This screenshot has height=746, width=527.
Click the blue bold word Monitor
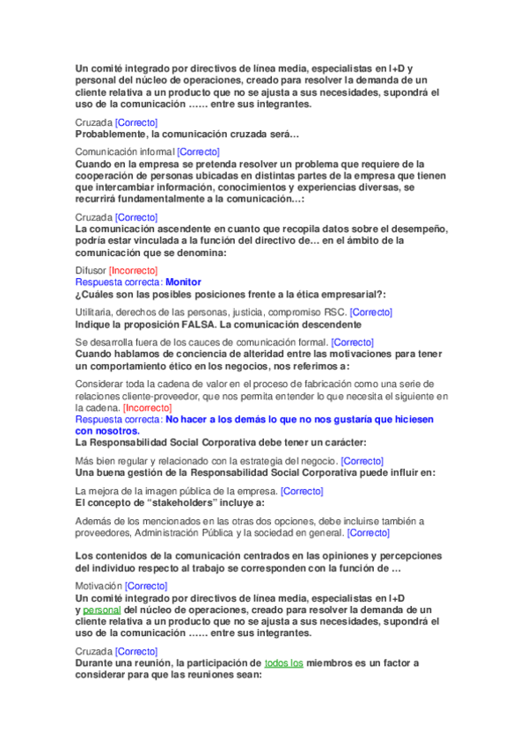click(184, 282)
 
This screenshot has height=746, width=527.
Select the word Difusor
click(91, 270)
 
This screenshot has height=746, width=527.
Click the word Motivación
click(99, 585)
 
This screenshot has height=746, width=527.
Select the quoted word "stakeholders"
click(182, 502)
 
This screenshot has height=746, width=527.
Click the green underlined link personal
click(102, 609)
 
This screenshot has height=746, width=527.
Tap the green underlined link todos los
click(284, 662)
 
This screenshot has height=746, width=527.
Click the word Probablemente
click(112, 134)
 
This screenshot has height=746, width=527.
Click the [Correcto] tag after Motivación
click(146, 585)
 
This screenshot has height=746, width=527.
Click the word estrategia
click(253, 461)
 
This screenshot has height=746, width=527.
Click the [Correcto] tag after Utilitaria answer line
click(371, 312)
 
